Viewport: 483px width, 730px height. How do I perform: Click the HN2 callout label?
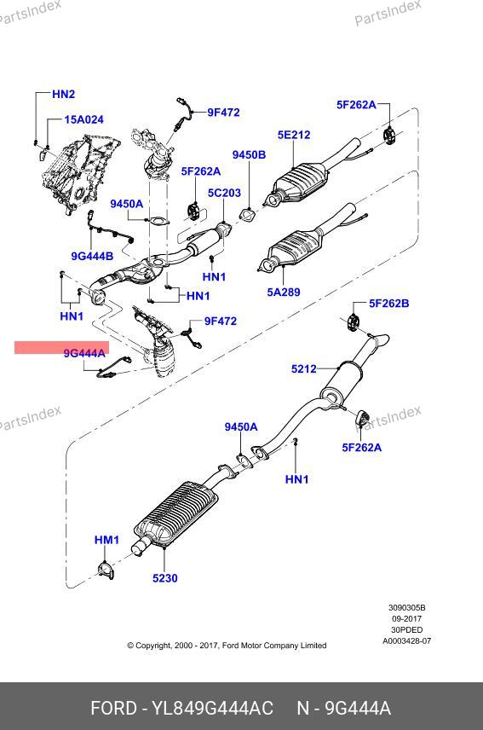tap(64, 94)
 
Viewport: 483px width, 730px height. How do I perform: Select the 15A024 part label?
tap(83, 119)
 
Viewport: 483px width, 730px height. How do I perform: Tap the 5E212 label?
tap(294, 135)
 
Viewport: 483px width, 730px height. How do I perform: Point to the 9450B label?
tap(250, 155)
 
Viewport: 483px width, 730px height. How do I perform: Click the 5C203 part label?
tap(225, 193)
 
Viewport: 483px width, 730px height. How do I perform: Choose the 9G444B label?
tap(92, 256)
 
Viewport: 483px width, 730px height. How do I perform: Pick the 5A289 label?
tap(284, 293)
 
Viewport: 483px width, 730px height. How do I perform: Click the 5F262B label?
tap(389, 304)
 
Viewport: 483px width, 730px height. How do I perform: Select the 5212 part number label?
tap(303, 369)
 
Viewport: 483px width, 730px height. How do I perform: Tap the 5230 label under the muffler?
tap(165, 578)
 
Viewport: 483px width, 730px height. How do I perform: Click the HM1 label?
tap(107, 540)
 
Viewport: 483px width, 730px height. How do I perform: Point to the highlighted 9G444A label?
tap(84, 354)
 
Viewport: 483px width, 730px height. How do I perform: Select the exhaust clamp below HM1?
tap(106, 571)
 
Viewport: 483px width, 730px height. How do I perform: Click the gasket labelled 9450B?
tap(247, 215)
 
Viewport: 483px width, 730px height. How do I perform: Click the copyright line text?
tap(227, 646)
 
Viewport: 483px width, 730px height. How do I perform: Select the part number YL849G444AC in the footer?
tap(213, 708)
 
